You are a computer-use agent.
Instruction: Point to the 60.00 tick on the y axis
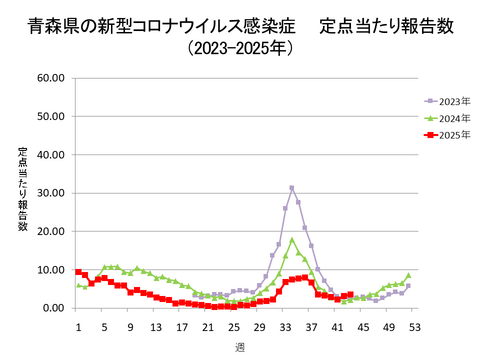50,77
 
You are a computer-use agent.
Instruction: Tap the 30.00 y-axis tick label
50,192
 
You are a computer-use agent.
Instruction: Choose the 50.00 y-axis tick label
50,115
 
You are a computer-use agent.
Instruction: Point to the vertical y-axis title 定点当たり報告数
23,190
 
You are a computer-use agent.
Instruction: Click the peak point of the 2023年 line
292,187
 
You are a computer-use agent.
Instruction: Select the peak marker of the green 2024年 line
292,240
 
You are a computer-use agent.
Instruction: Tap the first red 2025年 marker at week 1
78,272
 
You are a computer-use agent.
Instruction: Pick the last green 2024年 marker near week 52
408,275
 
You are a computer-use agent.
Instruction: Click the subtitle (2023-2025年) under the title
240,47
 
